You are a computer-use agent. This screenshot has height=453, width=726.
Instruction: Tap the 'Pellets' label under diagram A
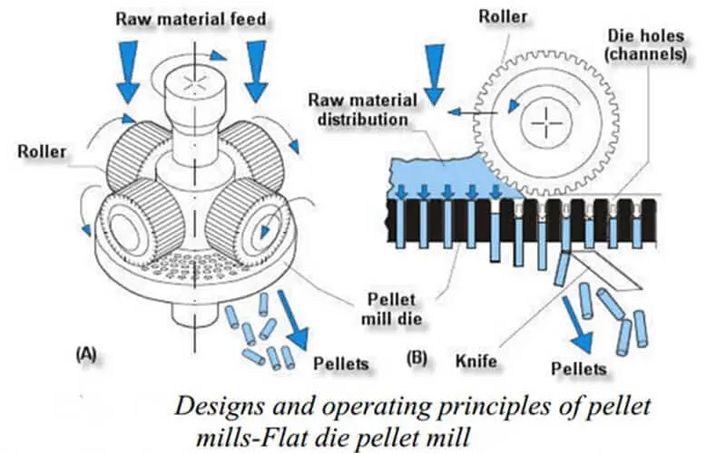click(x=340, y=364)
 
